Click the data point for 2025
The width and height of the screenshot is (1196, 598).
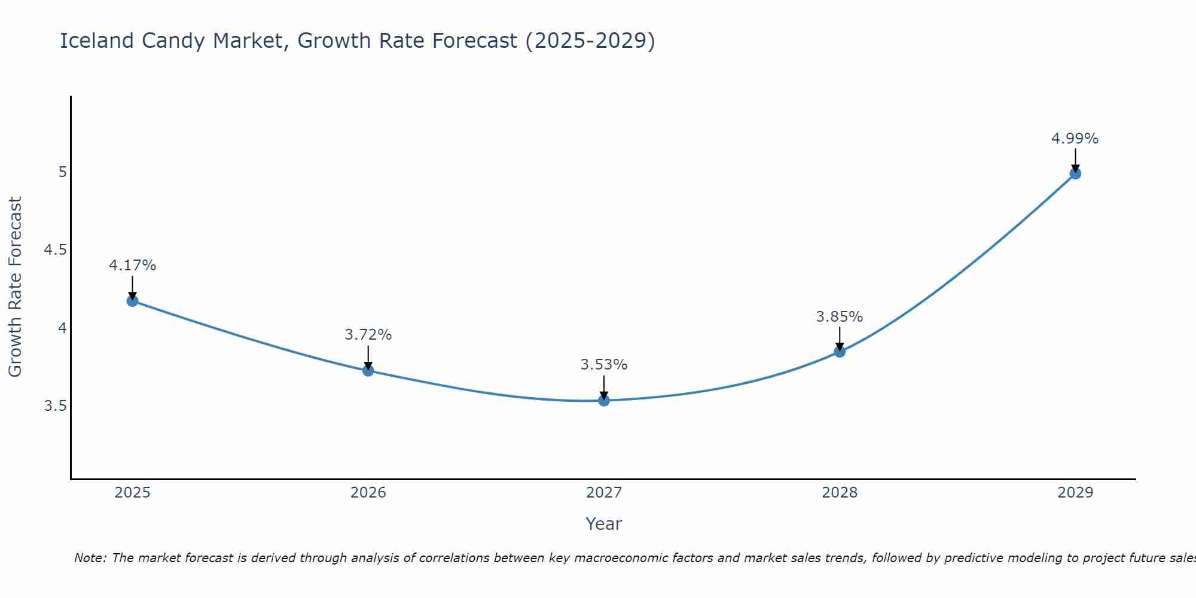click(132, 301)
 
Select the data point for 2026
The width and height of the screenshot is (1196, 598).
click(368, 371)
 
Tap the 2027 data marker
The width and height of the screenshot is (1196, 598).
click(604, 400)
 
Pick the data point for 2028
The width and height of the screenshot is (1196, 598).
click(840, 352)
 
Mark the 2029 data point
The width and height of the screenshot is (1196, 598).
click(1075, 173)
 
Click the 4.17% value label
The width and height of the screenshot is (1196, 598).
click(132, 265)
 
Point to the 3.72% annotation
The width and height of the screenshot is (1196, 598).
click(368, 335)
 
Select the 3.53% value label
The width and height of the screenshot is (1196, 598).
click(604, 364)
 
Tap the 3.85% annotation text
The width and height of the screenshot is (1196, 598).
click(840, 316)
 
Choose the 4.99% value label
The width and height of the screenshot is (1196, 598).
click(1075, 138)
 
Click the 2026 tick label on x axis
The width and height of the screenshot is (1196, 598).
click(368, 493)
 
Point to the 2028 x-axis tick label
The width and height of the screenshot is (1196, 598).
click(840, 493)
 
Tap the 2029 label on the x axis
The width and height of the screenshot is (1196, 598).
click(1075, 493)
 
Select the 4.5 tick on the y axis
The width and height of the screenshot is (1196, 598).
click(55, 249)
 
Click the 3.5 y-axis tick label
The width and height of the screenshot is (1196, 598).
click(55, 406)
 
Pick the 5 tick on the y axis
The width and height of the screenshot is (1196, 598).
click(62, 172)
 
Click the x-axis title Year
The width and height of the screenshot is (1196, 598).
click(604, 524)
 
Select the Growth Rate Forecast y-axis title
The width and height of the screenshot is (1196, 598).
click(15, 286)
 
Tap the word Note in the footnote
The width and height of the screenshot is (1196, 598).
click(90, 558)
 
